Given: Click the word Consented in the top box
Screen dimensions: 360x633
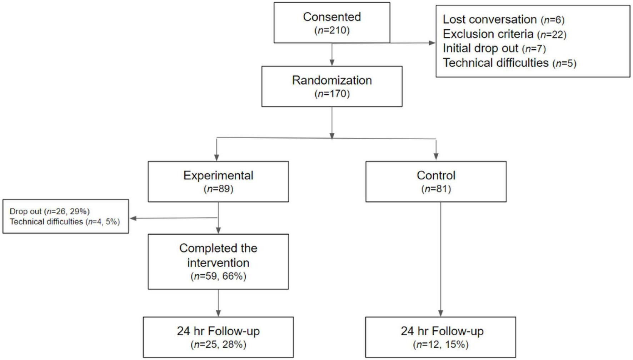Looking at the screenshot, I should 332,17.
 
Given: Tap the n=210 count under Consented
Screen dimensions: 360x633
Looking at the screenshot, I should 332,30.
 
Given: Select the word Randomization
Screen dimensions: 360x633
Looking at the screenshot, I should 332,80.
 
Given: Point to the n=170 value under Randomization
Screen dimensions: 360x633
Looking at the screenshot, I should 332,94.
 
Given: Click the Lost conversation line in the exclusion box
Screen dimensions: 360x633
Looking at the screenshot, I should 503,20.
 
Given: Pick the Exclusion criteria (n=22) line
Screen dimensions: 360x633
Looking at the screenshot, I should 504,34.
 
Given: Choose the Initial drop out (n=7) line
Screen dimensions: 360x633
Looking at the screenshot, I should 494,49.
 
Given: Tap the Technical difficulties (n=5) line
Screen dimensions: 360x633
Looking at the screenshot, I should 509,63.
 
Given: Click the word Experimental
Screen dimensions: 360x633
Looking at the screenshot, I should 218,175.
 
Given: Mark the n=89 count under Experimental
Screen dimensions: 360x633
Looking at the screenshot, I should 218,189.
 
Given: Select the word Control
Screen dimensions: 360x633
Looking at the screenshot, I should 436,175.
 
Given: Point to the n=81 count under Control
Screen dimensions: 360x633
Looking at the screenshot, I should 436,189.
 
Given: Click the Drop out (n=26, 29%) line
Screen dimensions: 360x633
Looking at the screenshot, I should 50,211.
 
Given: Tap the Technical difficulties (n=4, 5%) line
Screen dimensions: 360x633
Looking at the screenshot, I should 65,222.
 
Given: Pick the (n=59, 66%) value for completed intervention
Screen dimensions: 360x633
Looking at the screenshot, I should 218,276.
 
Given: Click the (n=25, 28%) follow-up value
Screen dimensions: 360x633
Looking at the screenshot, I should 218,345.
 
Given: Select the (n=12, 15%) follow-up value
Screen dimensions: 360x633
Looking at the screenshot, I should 440,345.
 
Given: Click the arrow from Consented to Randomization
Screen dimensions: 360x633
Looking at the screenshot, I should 332,54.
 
